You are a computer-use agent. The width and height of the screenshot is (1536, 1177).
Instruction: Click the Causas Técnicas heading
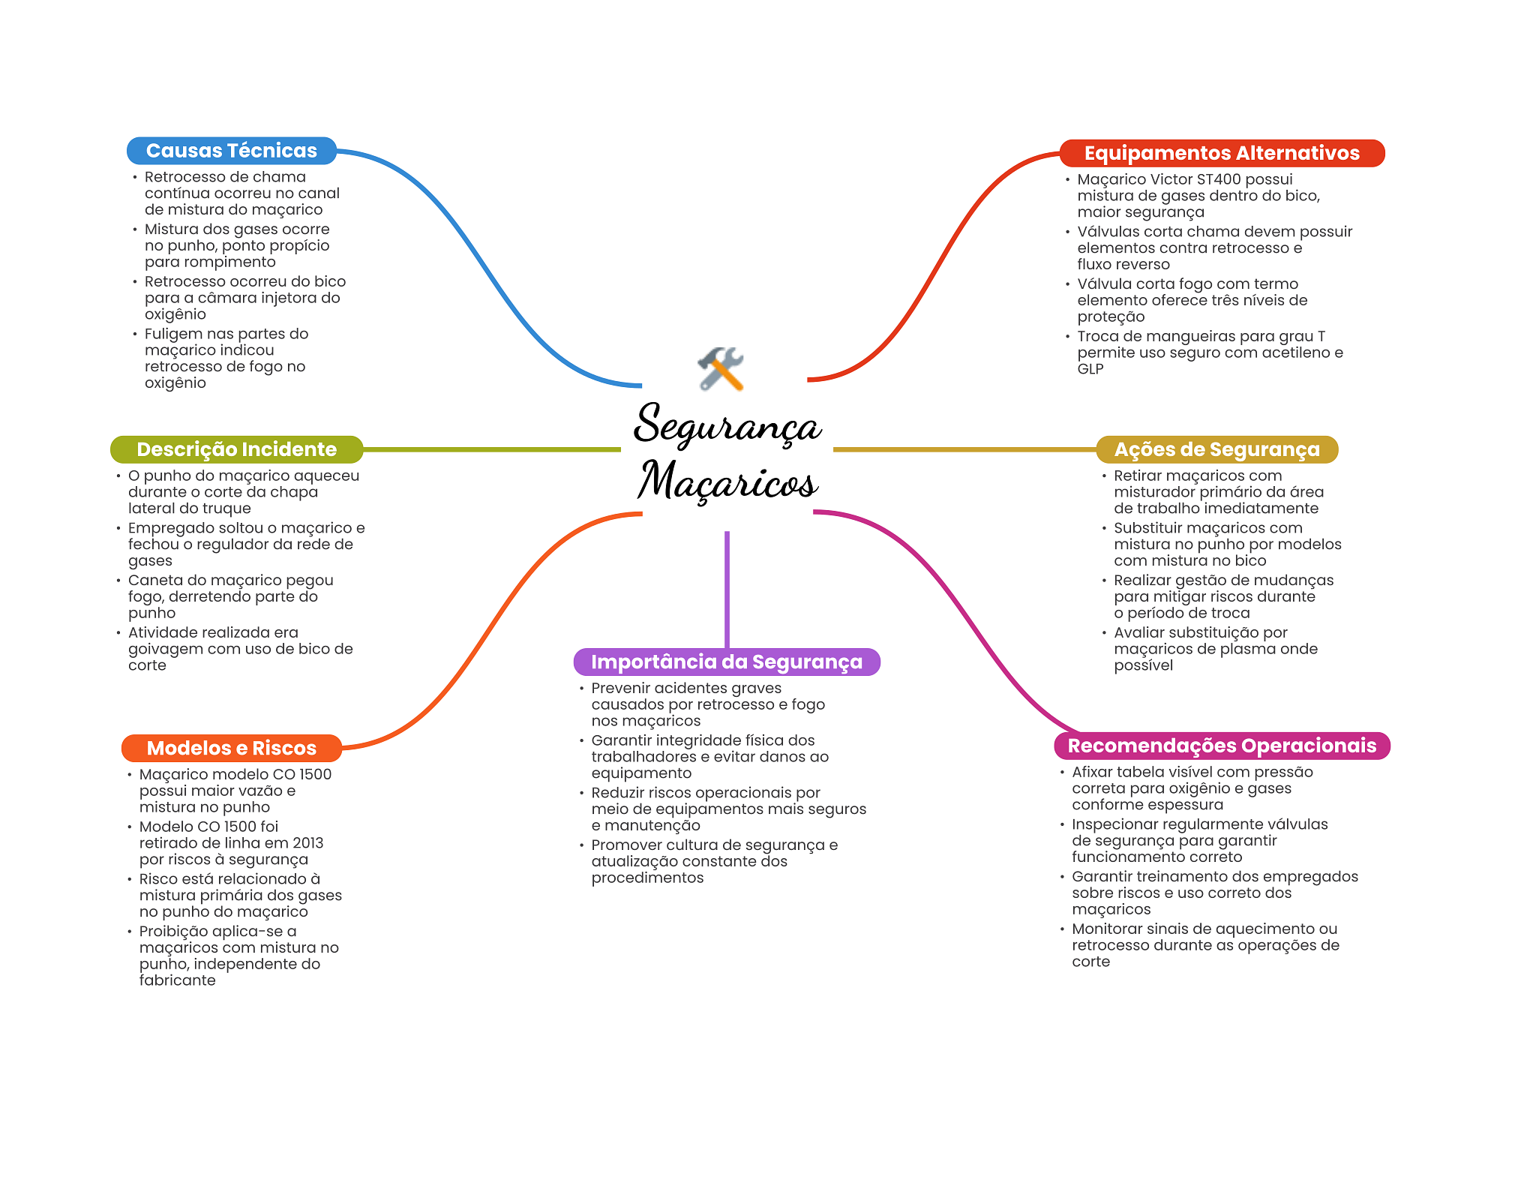point(231,151)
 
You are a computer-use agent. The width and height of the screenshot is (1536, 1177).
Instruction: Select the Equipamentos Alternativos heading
point(1221,153)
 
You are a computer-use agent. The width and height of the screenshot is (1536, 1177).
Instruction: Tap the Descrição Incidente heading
point(236,449)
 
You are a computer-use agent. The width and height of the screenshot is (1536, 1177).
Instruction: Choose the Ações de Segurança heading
point(1216,449)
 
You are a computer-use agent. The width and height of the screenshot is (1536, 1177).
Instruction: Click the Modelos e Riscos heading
point(231,748)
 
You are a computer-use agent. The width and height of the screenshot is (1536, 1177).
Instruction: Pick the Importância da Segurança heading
point(726,662)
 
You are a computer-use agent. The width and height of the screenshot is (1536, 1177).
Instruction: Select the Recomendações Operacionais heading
point(1221,746)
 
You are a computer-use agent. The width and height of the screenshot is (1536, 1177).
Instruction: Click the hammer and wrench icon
point(720,368)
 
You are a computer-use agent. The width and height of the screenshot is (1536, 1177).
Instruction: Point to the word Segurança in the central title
point(727,425)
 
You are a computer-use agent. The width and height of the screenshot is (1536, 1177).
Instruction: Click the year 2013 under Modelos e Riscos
point(307,843)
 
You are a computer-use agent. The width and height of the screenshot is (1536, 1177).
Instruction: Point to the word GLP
point(1090,369)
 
